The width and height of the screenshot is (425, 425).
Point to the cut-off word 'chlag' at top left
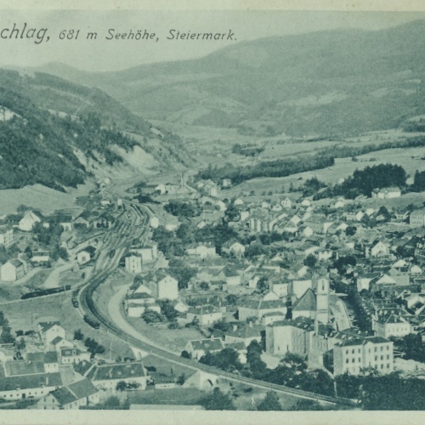(x=25, y=33)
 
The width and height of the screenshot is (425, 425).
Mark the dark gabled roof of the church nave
(x=304, y=302)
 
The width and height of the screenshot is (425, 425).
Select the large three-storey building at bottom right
(x=363, y=354)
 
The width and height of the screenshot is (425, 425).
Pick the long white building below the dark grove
(x=388, y=193)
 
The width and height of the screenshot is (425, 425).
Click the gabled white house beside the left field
(x=13, y=270)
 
